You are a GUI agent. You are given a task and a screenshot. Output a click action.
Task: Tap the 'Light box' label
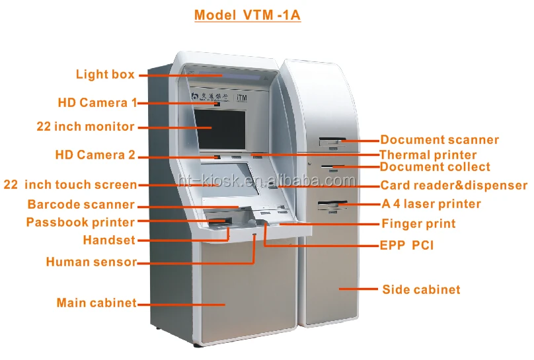[x=105, y=75]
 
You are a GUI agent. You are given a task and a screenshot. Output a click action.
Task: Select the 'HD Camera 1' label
[x=97, y=102]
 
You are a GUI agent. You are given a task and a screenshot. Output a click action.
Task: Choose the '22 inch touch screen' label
[x=70, y=185]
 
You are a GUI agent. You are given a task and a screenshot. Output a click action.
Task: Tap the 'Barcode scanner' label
[x=81, y=205]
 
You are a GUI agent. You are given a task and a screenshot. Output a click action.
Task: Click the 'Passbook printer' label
[x=80, y=223]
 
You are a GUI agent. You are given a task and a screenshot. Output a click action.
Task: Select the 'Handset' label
[x=108, y=240]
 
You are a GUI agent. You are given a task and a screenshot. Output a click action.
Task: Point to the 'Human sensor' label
[x=91, y=262]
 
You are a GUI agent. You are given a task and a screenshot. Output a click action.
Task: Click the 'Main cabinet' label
[x=96, y=303]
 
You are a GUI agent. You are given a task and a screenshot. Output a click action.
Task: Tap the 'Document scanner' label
[x=439, y=140]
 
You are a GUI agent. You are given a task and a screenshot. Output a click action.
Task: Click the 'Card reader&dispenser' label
[x=454, y=186]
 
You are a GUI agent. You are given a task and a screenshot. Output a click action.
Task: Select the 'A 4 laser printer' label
[x=431, y=204]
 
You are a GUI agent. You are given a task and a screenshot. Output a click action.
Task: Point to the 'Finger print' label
[x=418, y=224]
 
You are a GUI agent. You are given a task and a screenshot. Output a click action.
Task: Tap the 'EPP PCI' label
[x=407, y=246]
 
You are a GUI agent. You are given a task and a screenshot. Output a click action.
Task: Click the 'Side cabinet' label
[x=421, y=289]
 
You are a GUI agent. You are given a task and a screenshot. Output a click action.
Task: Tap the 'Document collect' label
[x=435, y=167]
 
